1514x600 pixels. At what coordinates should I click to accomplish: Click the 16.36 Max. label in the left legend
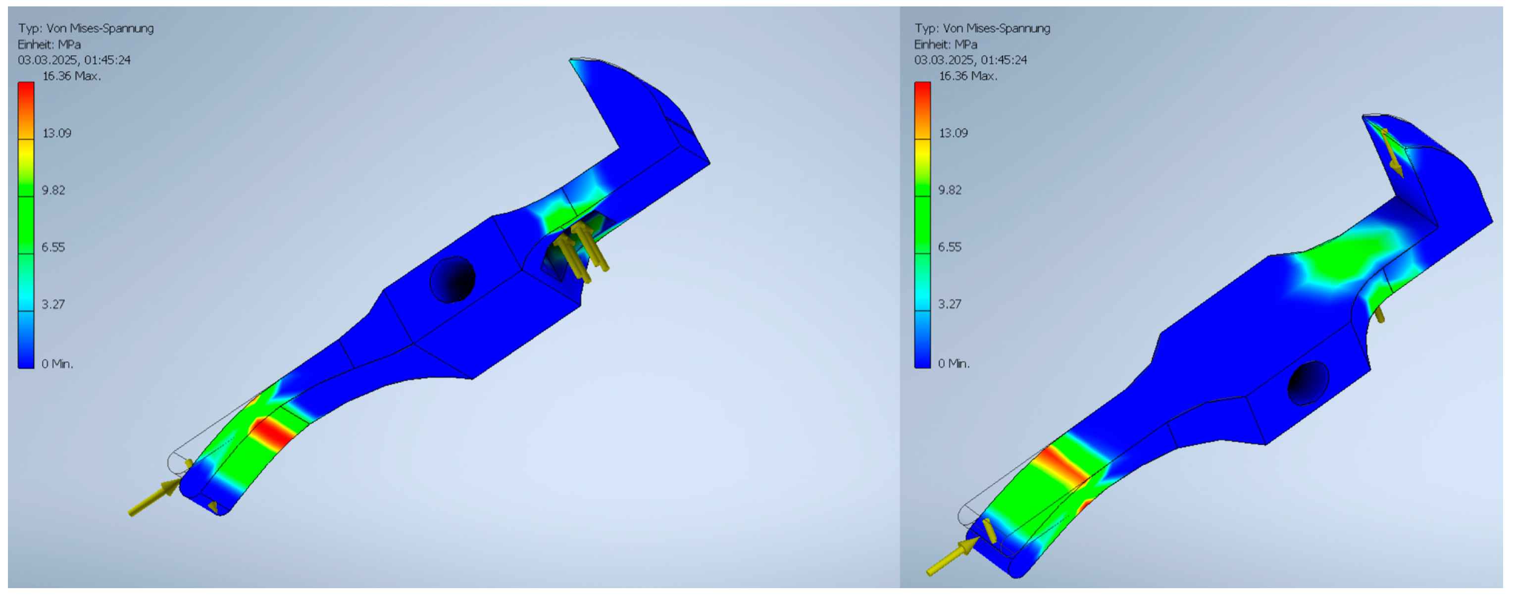71,76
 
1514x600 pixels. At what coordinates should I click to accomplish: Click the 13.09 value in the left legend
56,133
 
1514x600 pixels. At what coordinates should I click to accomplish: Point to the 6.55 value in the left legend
53,248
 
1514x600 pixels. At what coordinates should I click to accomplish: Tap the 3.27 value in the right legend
949,304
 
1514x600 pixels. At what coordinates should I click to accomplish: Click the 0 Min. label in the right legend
953,364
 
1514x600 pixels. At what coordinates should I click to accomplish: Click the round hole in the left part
452,280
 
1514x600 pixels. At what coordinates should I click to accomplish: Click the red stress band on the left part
274,433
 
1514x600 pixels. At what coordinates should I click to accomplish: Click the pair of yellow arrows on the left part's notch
582,251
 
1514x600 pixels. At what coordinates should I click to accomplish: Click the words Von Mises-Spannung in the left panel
108,28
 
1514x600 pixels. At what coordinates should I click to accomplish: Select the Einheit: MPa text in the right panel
945,45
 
